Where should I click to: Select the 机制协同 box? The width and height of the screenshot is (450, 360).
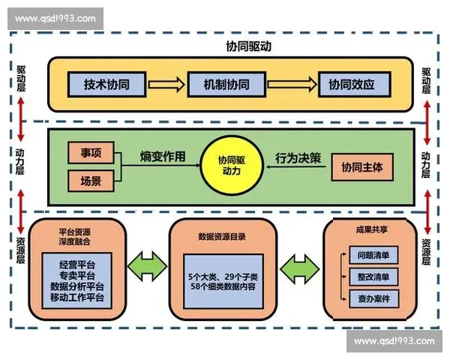[229, 84]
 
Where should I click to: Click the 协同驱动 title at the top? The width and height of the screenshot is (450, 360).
[229, 46]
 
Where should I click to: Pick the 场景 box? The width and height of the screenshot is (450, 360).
[91, 181]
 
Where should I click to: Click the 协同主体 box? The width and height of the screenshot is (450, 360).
[361, 167]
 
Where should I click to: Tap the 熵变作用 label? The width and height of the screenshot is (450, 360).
[162, 157]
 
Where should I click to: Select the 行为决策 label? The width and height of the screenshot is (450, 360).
[297, 157]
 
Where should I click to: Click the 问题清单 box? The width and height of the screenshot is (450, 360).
[373, 256]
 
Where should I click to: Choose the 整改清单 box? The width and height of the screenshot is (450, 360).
[373, 277]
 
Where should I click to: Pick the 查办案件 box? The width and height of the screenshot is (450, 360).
[373, 298]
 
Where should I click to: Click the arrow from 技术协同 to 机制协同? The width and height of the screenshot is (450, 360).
[166, 84]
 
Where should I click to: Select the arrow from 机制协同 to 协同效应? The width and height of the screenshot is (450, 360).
[289, 84]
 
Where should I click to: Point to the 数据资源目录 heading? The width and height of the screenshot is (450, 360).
[227, 237]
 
